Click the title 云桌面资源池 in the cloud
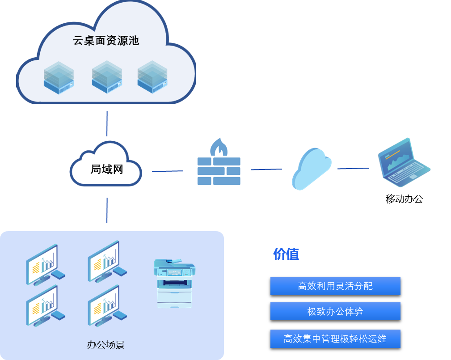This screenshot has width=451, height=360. click(106, 41)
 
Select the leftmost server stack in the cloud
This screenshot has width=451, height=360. click(59, 77)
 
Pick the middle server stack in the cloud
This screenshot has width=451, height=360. click(107, 77)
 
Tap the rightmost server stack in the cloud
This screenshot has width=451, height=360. click(152, 77)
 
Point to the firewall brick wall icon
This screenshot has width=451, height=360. click(219, 171)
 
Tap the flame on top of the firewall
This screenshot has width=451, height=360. click(219, 146)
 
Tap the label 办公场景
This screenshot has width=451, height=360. click(105, 345)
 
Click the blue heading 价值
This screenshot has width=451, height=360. click(286, 254)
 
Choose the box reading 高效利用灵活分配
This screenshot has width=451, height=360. click(335, 286)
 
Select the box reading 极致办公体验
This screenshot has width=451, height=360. click(335, 312)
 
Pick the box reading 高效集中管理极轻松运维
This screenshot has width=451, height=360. click(335, 339)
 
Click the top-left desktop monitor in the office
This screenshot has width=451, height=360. click(44, 264)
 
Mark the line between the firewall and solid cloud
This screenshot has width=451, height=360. click(266, 169)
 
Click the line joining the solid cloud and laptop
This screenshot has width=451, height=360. click(353, 169)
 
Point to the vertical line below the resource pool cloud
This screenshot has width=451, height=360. click(107, 123)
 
